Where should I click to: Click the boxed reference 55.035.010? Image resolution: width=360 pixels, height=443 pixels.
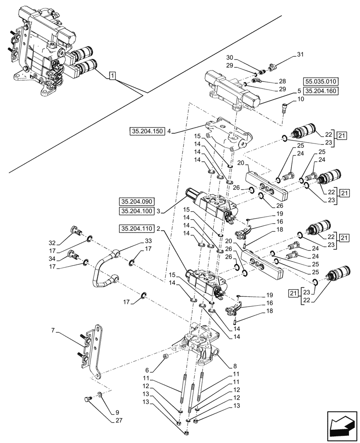pyautogui.click(x=321, y=82)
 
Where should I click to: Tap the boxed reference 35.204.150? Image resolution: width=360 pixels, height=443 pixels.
pyautogui.click(x=147, y=131)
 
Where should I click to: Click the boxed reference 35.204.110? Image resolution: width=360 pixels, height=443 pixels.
pyautogui.click(x=136, y=229)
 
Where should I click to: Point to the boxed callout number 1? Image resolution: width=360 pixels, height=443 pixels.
pyautogui.click(x=113, y=76)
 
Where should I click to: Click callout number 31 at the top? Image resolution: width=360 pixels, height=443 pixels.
pyautogui.click(x=300, y=54)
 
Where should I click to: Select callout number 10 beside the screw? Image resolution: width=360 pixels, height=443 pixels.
pyautogui.click(x=301, y=100)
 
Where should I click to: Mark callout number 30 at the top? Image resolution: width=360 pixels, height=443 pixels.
pyautogui.click(x=229, y=57)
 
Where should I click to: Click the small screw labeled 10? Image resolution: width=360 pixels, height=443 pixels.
pyautogui.click(x=286, y=108)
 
